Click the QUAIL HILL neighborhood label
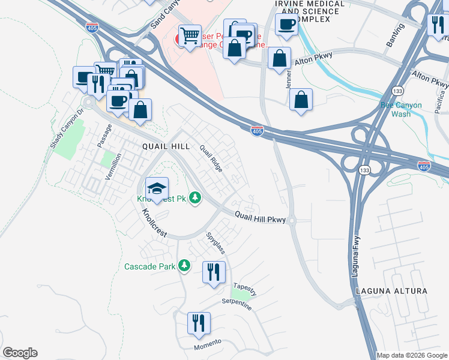[x=166, y=146]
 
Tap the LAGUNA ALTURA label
[x=391, y=291]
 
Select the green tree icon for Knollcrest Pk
[x=194, y=197]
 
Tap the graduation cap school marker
[x=157, y=189]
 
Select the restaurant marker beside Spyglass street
[x=214, y=272]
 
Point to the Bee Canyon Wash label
[x=402, y=109]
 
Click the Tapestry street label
[x=245, y=289]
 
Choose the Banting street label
[x=395, y=36]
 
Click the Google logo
[x=20, y=353]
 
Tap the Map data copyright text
[x=412, y=355]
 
